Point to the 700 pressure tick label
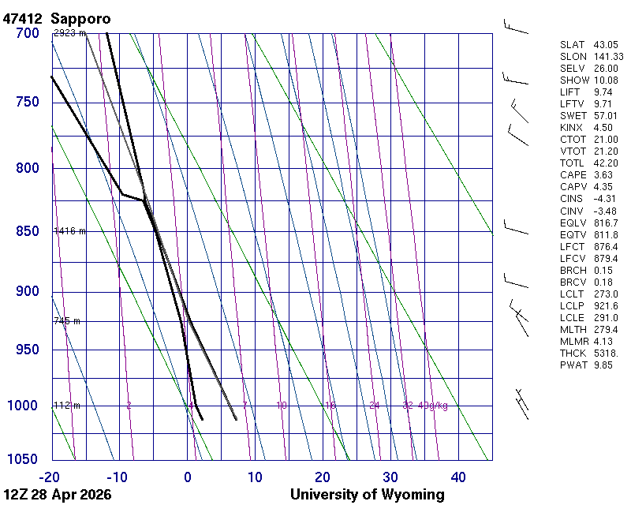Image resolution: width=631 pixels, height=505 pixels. (28, 33)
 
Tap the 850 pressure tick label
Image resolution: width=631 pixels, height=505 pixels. (28, 231)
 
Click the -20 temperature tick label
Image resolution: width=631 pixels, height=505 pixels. (50, 477)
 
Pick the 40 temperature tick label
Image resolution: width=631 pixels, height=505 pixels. (458, 477)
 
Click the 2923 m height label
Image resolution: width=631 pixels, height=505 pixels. (69, 34)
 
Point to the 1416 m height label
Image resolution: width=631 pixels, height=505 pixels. (69, 231)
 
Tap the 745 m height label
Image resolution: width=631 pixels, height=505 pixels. (67, 321)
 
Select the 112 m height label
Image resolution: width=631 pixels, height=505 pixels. (67, 406)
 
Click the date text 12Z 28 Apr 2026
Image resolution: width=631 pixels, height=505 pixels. (58, 495)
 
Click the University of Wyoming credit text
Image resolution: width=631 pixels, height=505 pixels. (368, 495)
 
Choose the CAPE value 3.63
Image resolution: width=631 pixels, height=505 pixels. (604, 174)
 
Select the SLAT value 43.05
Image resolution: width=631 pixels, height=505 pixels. (606, 44)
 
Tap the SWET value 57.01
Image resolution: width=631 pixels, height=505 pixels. (606, 115)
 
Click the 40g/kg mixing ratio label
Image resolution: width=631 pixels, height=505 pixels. (433, 406)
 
